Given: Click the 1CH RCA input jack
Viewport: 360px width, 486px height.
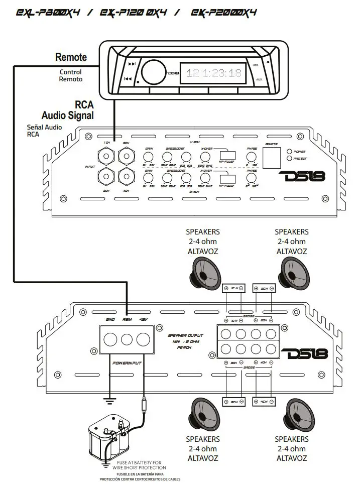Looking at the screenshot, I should coord(106,156).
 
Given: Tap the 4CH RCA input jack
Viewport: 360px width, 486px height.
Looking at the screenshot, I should coord(125,176).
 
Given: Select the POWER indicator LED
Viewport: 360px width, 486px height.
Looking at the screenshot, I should coord(289,151).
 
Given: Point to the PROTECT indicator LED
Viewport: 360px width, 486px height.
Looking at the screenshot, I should coord(289,159).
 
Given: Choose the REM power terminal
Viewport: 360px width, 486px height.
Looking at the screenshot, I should coord(128,339).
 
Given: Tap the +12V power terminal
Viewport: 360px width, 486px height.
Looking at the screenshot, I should coord(145,339).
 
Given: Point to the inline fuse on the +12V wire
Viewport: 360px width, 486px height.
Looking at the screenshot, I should coord(144,405).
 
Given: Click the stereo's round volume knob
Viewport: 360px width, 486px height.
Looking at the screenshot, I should coord(152,71).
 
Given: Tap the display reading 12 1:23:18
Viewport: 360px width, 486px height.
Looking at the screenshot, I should coord(213,73).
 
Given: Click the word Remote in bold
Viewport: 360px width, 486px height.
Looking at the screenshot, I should coord(71,57).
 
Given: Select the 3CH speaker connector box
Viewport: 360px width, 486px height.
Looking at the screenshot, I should coord(234,402).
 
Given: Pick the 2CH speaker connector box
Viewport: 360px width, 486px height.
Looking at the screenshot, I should coord(264,288).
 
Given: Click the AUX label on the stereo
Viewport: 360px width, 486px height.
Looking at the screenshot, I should coord(259,79).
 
